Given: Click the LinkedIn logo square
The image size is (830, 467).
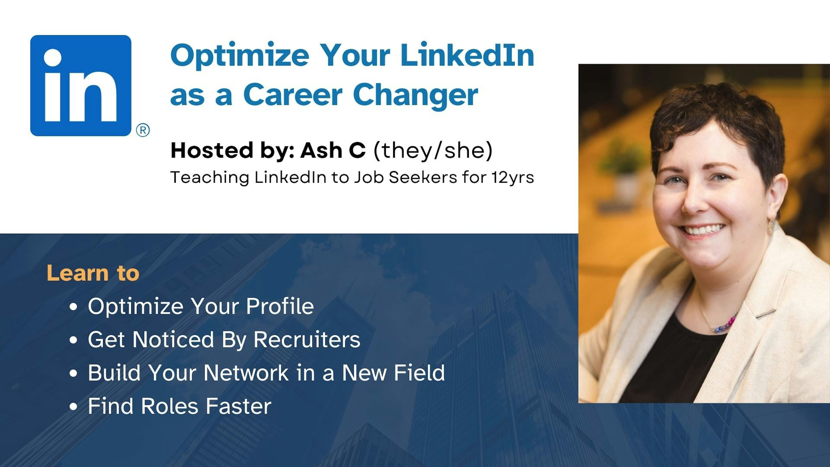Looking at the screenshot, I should (x=81, y=85).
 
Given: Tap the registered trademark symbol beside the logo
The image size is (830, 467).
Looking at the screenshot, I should (x=143, y=131).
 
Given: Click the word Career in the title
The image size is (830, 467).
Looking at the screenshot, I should (x=293, y=95).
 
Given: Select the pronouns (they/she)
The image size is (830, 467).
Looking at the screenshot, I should (x=433, y=150).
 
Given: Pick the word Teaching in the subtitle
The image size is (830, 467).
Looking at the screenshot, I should (x=209, y=178).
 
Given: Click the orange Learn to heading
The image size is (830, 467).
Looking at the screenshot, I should (x=93, y=273).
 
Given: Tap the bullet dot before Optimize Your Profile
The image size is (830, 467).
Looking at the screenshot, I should (x=73, y=307).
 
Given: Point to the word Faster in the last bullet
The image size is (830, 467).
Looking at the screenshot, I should (x=238, y=406).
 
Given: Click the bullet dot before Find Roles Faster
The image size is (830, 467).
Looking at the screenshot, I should (x=73, y=406).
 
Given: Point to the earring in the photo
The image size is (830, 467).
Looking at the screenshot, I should (x=771, y=225).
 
